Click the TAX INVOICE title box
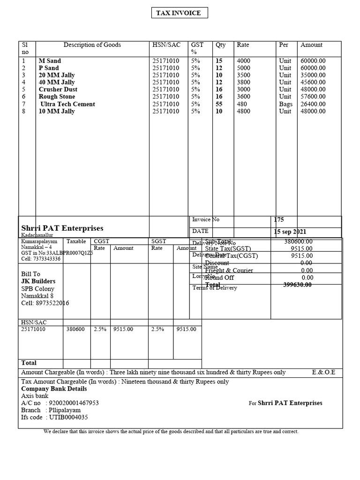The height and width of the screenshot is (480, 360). tap(180, 13)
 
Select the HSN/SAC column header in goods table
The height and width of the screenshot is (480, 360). tap(166, 45)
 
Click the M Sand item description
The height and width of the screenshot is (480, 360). tap(50, 61)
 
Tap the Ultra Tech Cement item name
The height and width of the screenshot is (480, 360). tap(67, 104)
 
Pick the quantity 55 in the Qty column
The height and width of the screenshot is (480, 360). tap(219, 104)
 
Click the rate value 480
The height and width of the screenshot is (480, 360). tap(242, 104)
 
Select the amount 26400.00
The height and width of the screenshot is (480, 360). tap(313, 104)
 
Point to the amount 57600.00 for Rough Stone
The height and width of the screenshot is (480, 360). tap(313, 97)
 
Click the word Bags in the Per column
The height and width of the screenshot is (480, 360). tap(285, 104)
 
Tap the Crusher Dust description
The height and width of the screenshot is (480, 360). tap(58, 90)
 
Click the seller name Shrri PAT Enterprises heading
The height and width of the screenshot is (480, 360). tap(62, 228)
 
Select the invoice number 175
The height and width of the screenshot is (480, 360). tap(279, 219)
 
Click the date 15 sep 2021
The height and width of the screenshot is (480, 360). tap(290, 232)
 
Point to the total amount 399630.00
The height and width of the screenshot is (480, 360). tap(298, 285)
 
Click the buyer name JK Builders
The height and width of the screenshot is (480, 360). tap(38, 281)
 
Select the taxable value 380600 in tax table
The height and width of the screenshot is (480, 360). tap(75, 329)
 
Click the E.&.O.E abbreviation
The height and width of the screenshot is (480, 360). tap(323, 372)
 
